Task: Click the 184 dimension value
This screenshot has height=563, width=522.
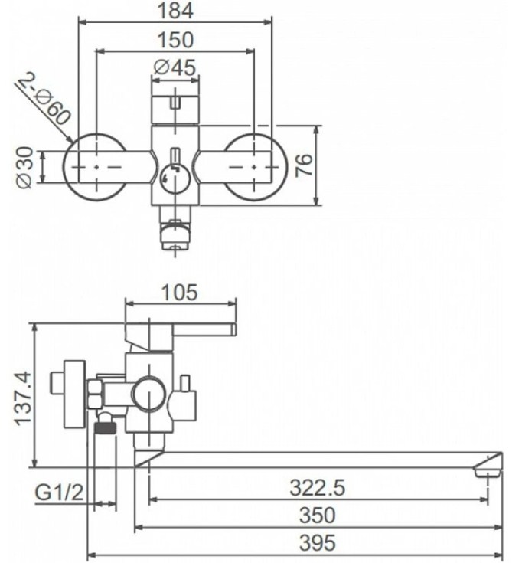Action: point(175,11)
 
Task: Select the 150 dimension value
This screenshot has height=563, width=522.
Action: point(175,40)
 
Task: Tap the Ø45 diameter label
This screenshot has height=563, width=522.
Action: point(175,67)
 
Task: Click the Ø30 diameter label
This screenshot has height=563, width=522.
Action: point(25,168)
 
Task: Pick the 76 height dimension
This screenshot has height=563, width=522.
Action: point(304,165)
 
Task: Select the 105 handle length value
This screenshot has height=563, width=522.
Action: point(179,292)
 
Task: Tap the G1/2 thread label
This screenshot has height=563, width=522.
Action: point(59,493)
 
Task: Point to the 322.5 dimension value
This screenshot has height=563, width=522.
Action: point(317,488)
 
